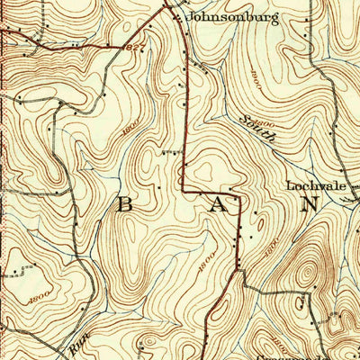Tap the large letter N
click(x=309, y=203)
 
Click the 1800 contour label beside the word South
click(x=265, y=118)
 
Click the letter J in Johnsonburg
click(x=190, y=17)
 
